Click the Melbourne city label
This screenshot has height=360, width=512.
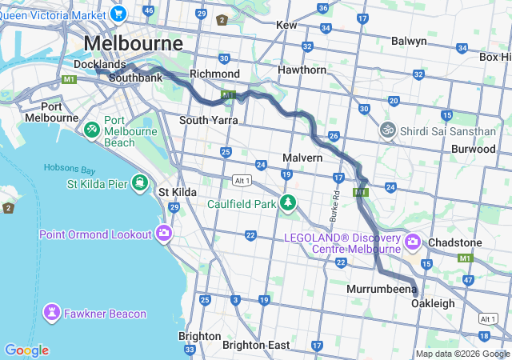(x=133, y=43)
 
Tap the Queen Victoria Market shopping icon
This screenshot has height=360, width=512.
(x=119, y=13)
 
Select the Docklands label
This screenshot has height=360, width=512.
(x=100, y=64)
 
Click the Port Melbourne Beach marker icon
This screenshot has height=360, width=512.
(x=92, y=128)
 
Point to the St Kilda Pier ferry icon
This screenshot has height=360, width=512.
(x=141, y=184)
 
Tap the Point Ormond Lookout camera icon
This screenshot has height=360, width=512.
(x=164, y=234)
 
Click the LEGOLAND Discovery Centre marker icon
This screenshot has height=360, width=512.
(x=413, y=241)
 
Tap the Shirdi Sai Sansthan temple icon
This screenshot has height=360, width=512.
(x=388, y=130)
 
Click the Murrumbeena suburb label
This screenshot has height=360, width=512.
(x=382, y=288)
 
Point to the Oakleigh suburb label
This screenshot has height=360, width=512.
(x=433, y=303)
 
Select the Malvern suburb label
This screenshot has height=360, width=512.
(x=302, y=158)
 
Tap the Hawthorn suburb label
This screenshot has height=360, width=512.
(x=302, y=70)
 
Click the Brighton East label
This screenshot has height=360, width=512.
(x=256, y=345)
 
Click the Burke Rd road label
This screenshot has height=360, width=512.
(x=335, y=206)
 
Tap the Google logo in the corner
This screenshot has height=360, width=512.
(x=26, y=350)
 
